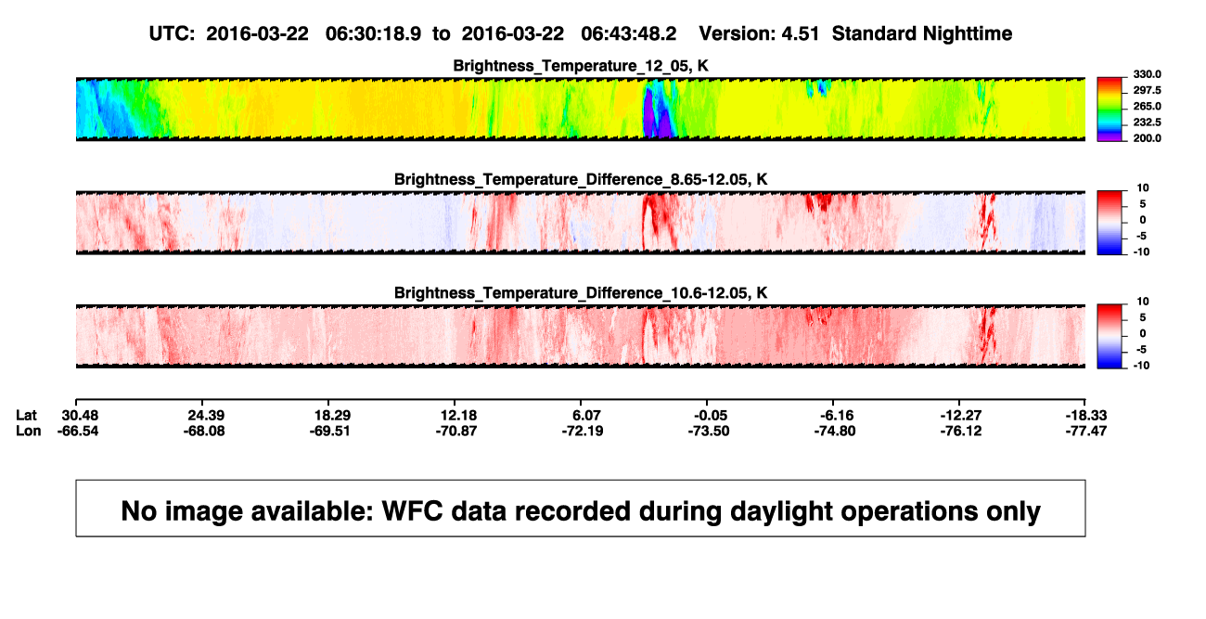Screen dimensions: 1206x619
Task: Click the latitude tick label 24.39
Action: coord(206,416)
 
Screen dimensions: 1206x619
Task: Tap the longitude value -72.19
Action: coord(583,431)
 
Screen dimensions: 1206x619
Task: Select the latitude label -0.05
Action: coord(709,416)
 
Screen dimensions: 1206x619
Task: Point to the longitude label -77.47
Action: coord(1086,431)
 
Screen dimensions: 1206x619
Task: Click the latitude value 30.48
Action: coord(80,416)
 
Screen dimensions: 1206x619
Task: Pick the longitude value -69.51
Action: coord(330,431)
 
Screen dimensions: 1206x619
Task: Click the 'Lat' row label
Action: coord(26,416)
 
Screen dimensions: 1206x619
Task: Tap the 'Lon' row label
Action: coord(29,431)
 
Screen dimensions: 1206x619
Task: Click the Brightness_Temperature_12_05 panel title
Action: coord(581,66)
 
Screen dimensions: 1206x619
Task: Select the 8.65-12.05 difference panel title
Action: coord(581,179)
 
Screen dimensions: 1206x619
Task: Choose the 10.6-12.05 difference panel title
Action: coord(581,293)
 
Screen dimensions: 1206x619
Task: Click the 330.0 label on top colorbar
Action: coord(1148,74)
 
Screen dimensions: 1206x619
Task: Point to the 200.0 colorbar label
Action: coord(1148,138)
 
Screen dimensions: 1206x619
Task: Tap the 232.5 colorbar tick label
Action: coord(1148,122)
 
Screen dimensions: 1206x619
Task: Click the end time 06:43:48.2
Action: coord(629,34)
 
